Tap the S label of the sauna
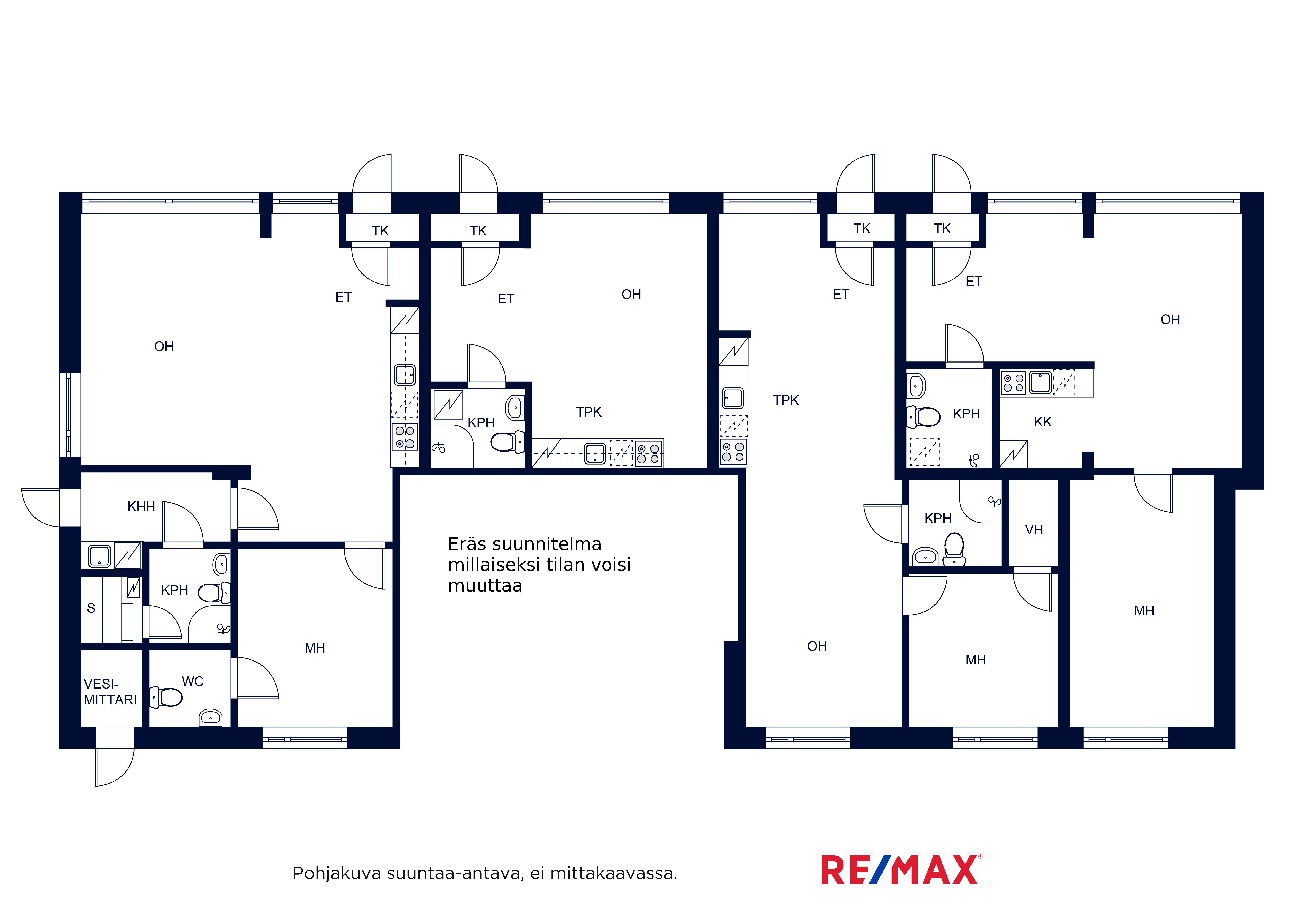[x=91, y=609]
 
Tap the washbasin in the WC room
[x=210, y=718]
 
